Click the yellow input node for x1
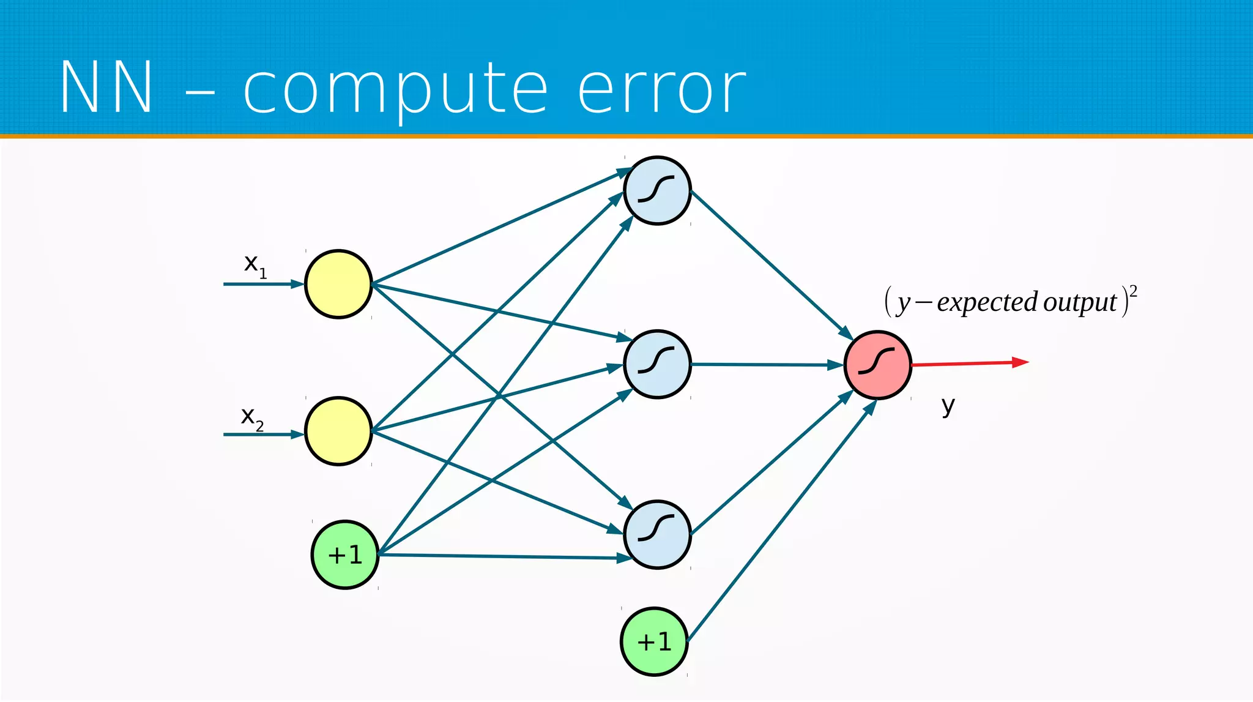click(x=338, y=284)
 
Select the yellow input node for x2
click(x=338, y=431)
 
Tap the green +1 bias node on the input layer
click(x=345, y=555)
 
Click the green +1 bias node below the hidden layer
click(x=654, y=641)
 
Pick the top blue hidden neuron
click(x=657, y=190)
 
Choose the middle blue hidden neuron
click(x=657, y=364)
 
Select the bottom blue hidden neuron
click(x=657, y=534)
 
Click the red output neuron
click(x=877, y=365)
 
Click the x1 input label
click(x=255, y=265)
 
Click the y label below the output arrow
click(x=948, y=405)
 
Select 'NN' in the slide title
click(x=106, y=88)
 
